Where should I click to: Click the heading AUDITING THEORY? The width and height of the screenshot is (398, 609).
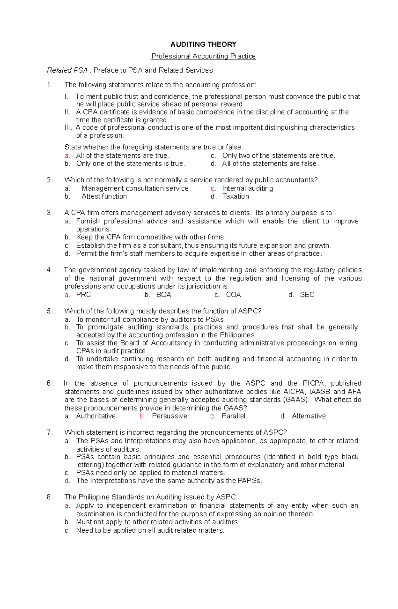tap(203, 44)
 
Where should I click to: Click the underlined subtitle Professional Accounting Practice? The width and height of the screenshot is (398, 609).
tap(203, 56)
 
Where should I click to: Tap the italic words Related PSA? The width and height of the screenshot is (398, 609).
tap(67, 70)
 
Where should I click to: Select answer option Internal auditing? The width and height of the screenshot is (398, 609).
tap(247, 189)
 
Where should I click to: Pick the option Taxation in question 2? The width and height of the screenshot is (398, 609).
tap(236, 196)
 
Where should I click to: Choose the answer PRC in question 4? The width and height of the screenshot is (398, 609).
tap(84, 295)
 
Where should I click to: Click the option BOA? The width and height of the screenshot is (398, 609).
tap(164, 295)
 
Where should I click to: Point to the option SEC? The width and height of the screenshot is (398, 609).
tap(307, 295)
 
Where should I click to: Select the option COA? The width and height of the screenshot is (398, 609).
tap(233, 295)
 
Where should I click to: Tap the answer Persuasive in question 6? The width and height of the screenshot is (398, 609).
tap(169, 416)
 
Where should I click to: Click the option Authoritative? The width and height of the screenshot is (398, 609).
tap(96, 416)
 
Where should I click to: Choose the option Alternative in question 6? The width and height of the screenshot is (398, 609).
tap(309, 416)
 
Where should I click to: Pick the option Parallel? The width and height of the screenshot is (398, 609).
tap(233, 416)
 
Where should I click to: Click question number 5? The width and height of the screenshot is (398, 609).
tap(49, 311)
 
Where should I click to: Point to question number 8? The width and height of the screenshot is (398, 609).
tap(49, 497)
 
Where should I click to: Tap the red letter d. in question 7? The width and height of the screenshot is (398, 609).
tap(67, 481)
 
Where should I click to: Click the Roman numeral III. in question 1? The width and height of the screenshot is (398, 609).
tap(68, 128)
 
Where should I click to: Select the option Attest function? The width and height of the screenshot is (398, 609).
tap(104, 196)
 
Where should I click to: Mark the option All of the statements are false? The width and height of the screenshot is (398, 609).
tap(270, 164)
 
